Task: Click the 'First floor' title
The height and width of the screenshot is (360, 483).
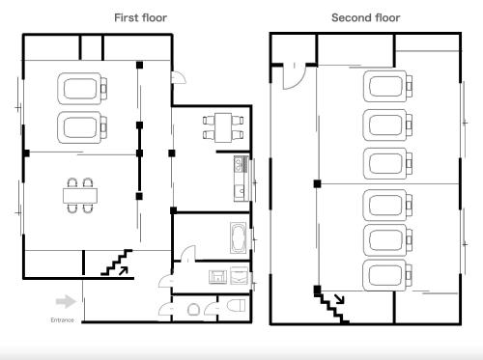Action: click(140, 17)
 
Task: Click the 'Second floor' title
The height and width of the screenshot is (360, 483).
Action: click(366, 17)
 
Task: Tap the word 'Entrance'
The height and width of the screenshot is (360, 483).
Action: click(62, 320)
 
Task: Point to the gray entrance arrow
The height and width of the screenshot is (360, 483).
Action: click(66, 301)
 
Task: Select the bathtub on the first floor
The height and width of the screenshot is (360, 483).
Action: click(239, 237)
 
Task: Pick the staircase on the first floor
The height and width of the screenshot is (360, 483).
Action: click(116, 263)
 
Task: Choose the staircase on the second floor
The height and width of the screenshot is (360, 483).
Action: click(331, 307)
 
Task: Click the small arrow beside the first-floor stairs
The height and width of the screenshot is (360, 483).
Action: click(124, 271)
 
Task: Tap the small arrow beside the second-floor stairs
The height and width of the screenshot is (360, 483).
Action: click(339, 299)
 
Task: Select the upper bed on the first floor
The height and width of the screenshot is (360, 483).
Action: click(82, 89)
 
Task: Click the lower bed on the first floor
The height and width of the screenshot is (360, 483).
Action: click(82, 127)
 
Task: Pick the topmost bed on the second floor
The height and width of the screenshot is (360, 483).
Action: click(387, 86)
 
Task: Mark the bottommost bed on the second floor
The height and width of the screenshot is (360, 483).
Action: click(387, 275)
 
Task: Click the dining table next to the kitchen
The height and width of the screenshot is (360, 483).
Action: click(223, 127)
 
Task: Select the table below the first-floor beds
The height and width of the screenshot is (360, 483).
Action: click(80, 196)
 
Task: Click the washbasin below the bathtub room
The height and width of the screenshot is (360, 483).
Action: click(218, 277)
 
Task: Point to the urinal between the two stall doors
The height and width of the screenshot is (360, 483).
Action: click(193, 310)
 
